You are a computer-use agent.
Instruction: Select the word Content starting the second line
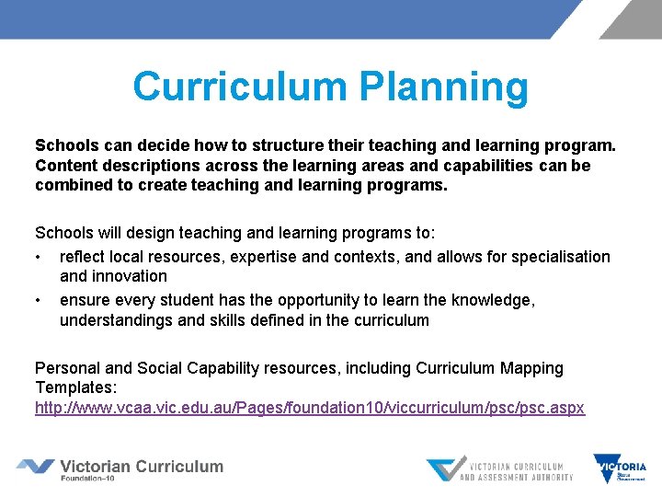click(65, 166)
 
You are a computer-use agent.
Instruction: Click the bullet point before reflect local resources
click(39, 257)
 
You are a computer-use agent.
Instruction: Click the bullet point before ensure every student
click(39, 300)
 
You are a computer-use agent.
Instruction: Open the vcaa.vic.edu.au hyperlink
click(310, 407)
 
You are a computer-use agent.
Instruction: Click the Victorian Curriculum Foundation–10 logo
click(120, 468)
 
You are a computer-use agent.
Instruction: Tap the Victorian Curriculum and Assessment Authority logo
click(499, 468)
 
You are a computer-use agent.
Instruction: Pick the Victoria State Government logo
click(620, 468)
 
